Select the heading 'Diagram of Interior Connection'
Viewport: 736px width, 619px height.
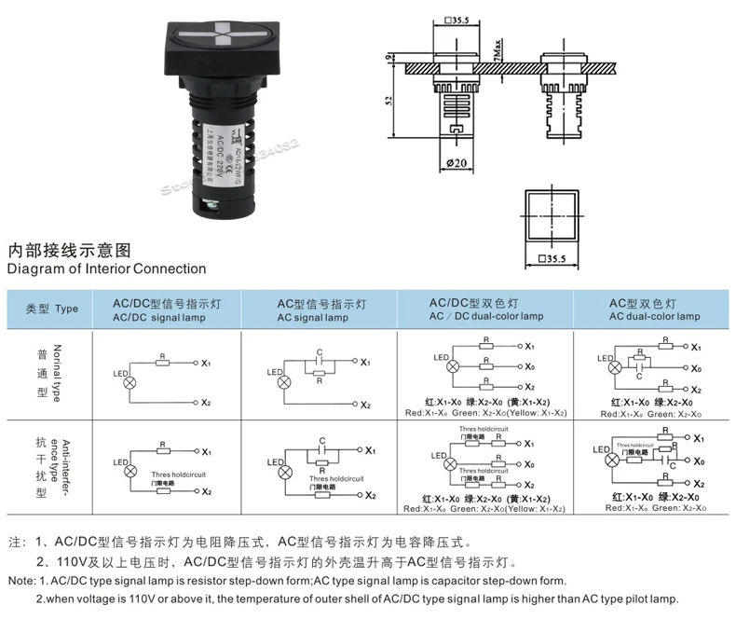coord(107,268)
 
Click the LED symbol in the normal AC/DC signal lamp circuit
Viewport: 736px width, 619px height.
coord(129,382)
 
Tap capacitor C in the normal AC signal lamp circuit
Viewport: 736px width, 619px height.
coord(320,351)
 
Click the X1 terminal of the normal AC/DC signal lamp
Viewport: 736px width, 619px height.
coord(207,362)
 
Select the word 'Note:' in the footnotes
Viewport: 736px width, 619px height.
coord(20,581)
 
